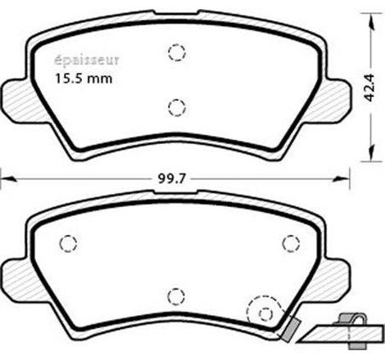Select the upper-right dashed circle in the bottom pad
[x=288, y=243]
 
